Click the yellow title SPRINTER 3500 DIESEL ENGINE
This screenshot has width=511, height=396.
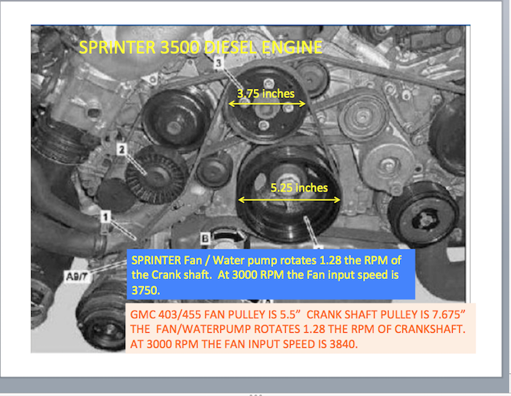click(x=200, y=48)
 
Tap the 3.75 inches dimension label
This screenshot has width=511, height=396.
click(x=266, y=94)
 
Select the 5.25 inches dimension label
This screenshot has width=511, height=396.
click(x=299, y=188)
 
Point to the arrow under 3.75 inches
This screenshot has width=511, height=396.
click(x=267, y=104)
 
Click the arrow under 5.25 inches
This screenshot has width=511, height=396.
click(x=289, y=200)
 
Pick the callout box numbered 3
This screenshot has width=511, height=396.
click(x=219, y=62)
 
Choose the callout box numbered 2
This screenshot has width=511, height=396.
click(x=122, y=149)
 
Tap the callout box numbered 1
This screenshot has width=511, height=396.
click(x=105, y=216)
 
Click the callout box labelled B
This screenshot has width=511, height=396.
click(x=205, y=238)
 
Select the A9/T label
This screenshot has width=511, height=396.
click(x=77, y=277)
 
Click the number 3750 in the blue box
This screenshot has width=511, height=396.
click(x=146, y=290)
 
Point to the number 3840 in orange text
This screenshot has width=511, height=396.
click(x=343, y=344)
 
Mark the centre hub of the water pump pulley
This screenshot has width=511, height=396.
click(x=267, y=109)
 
